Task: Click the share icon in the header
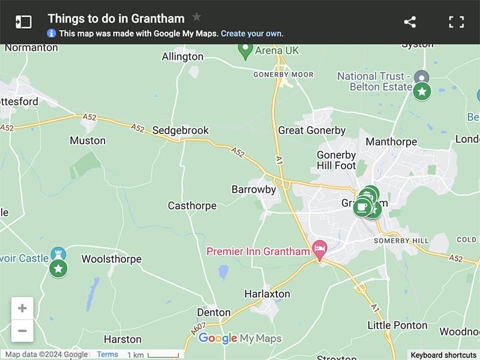[x=410, y=22]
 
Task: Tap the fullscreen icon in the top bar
[x=457, y=22]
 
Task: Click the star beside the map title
[x=196, y=17]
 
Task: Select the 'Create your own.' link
[x=252, y=34]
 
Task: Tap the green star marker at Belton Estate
[x=422, y=91]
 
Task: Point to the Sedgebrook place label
[x=181, y=130]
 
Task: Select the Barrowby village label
[x=254, y=190]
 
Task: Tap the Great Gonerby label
[x=312, y=130]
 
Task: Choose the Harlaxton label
[x=267, y=294]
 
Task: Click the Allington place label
[x=182, y=57]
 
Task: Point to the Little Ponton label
[x=397, y=325]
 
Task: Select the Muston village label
[x=88, y=140]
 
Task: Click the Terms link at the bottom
[x=107, y=355]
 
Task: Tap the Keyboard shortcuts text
[x=443, y=355]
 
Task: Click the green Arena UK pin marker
[x=245, y=50]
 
